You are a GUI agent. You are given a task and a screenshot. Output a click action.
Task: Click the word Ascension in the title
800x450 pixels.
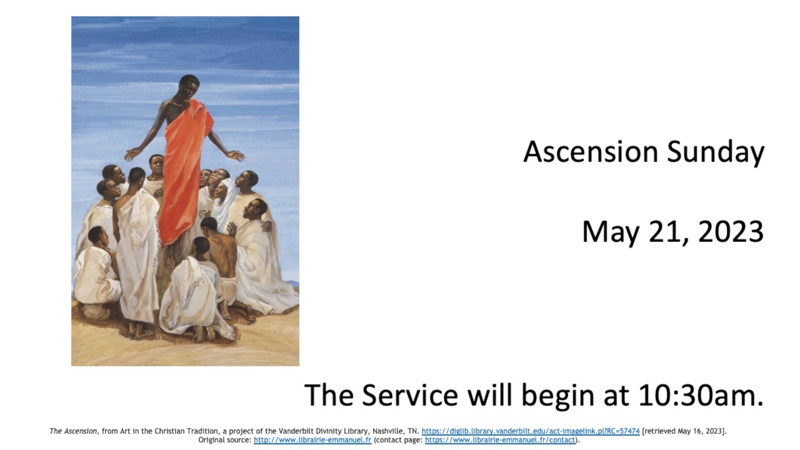tap(590, 152)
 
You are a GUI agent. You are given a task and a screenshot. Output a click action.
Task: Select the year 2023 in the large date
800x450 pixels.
tap(731, 231)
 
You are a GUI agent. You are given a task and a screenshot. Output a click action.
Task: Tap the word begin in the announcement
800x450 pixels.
tap(557, 397)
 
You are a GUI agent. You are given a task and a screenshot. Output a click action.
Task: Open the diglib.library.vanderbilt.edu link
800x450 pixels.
tap(530, 431)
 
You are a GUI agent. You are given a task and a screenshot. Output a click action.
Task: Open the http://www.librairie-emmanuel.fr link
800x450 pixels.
tap(312, 440)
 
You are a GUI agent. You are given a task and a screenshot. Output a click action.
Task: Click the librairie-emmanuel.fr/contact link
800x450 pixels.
tap(500, 440)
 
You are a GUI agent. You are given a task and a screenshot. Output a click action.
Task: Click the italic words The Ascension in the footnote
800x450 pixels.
tap(73, 431)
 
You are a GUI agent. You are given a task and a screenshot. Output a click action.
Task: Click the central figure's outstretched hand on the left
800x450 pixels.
tap(133, 154)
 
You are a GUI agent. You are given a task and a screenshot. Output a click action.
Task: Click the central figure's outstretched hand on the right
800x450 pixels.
tap(236, 155)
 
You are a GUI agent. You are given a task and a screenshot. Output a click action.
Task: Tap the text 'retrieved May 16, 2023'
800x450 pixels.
tap(684, 431)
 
